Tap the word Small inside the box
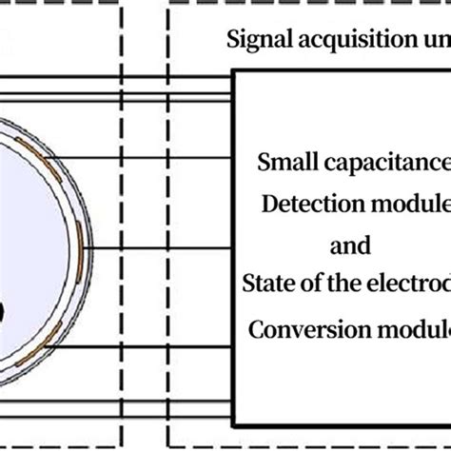pyautogui.click(x=284, y=161)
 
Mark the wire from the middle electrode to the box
pyautogui.click(x=162, y=249)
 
